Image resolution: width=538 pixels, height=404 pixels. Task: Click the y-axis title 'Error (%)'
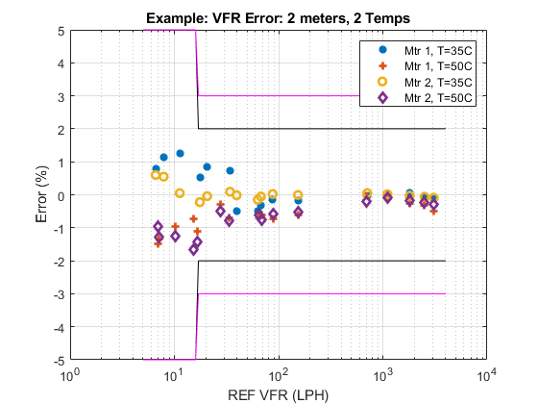[41, 196]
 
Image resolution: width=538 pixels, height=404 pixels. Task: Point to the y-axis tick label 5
[61, 31]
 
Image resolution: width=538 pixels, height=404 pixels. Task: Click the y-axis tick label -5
[59, 361]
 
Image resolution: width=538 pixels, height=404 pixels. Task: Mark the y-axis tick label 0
[61, 195]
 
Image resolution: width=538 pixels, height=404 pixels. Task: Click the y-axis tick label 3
[61, 96]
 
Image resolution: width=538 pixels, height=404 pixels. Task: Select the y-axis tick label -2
[59, 262]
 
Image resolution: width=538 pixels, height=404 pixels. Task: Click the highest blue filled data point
[180, 153]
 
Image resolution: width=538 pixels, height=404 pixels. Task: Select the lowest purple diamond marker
[193, 250]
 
